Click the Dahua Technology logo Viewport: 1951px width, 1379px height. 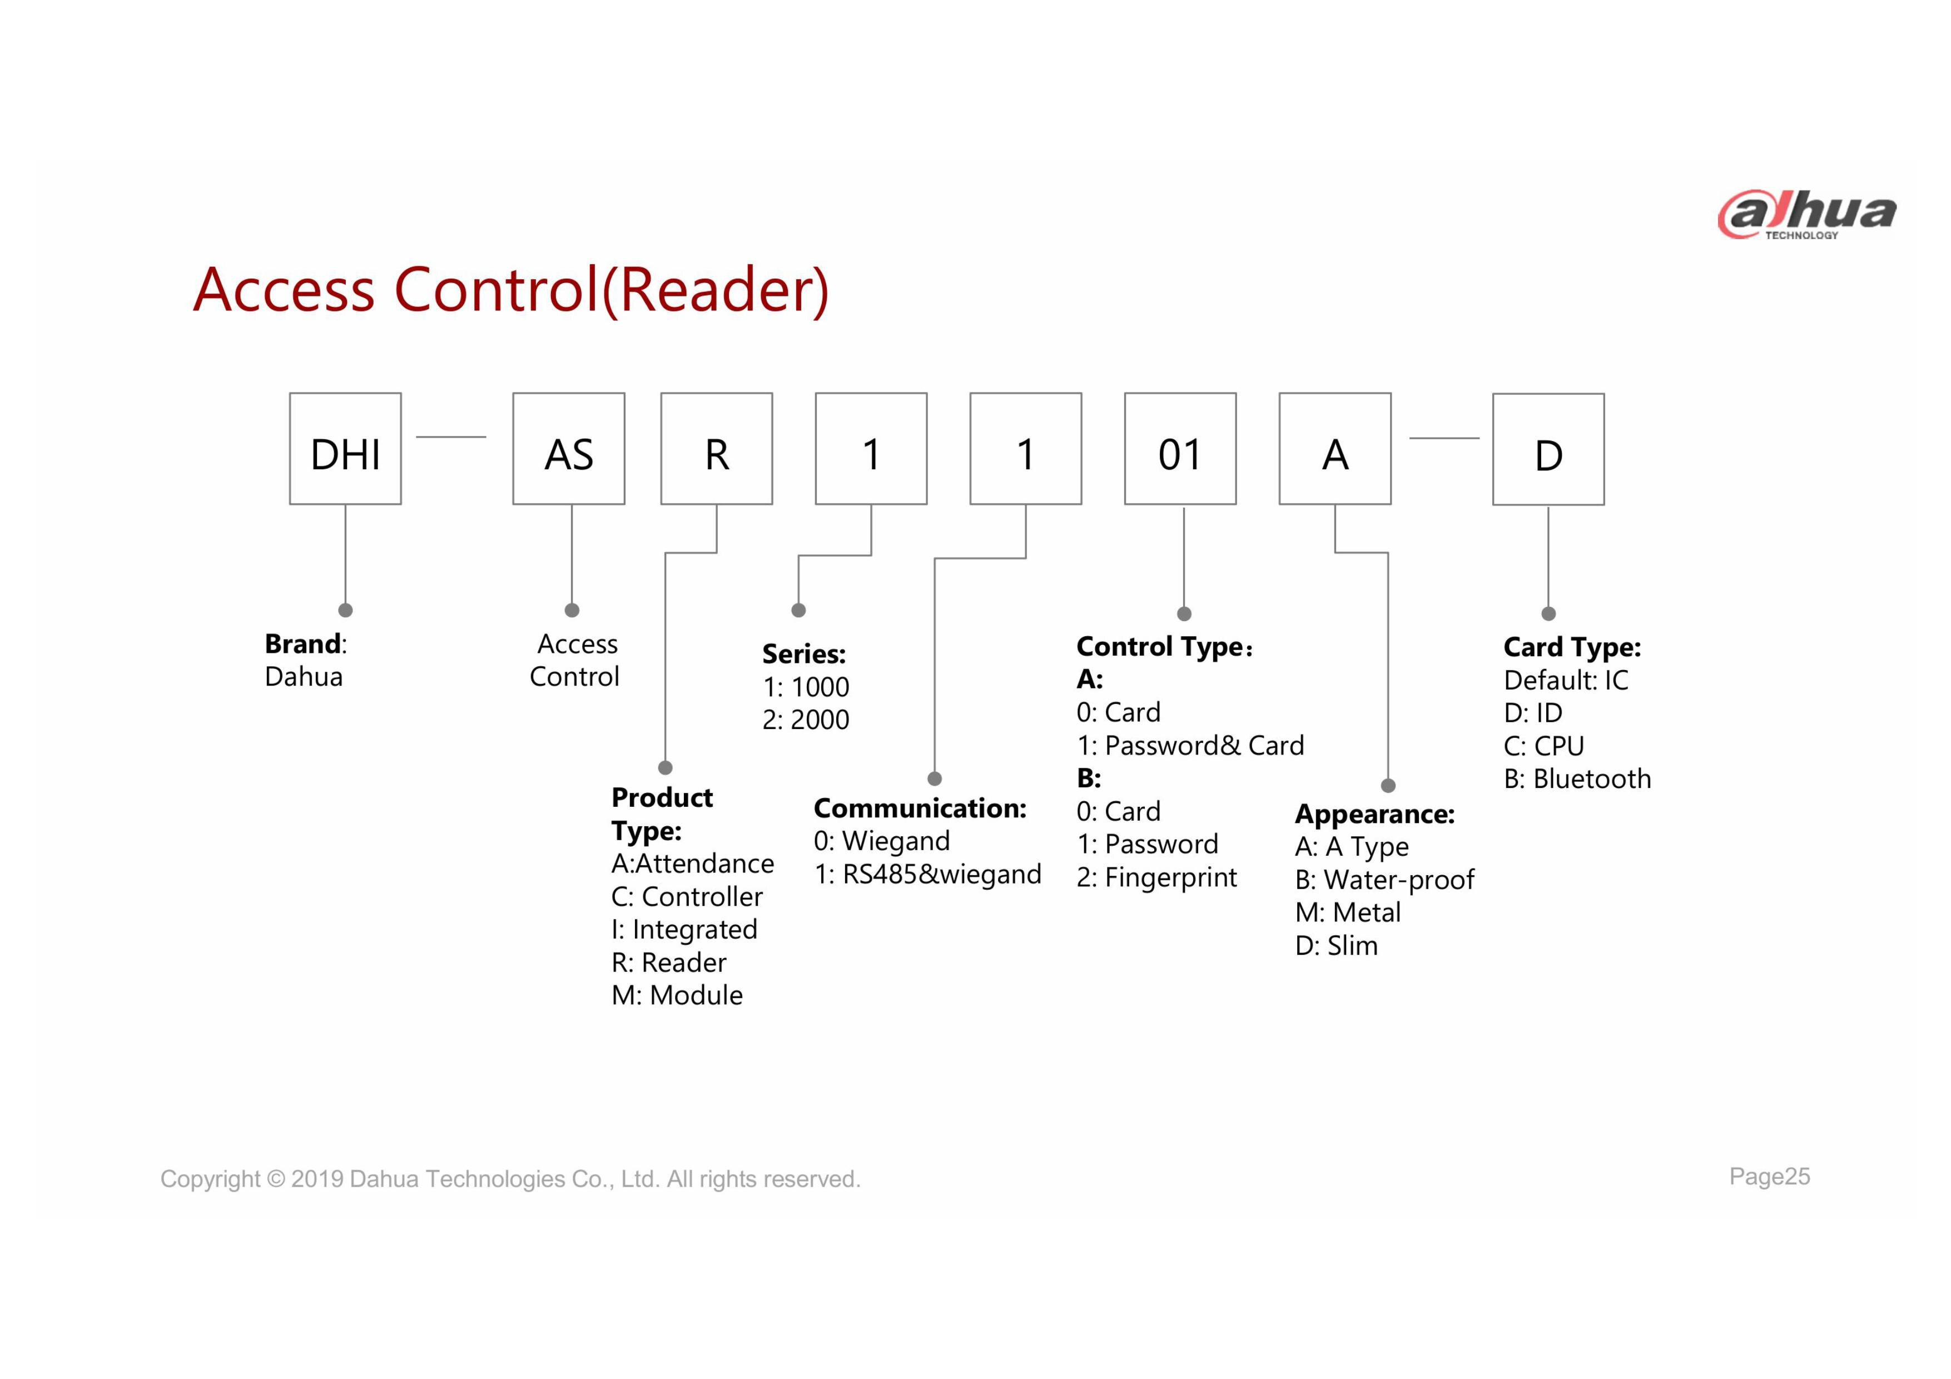(x=1806, y=214)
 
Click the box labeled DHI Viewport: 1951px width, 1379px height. (x=345, y=449)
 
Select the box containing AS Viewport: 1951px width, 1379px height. (x=568, y=449)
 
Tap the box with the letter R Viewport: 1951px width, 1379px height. (x=716, y=449)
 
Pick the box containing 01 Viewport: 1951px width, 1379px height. (x=1180, y=449)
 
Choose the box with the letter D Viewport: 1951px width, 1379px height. (x=1548, y=449)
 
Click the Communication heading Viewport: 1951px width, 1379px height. (x=920, y=808)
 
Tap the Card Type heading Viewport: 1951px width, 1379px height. (x=1572, y=647)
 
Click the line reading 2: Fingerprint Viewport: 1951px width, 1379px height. (x=1156, y=877)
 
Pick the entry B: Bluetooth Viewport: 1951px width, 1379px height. (x=1577, y=779)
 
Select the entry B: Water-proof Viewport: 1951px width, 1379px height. (x=1384, y=880)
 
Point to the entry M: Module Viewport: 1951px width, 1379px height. (x=677, y=996)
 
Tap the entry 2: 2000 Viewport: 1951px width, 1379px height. (x=806, y=720)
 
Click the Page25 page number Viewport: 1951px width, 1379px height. (x=1770, y=1177)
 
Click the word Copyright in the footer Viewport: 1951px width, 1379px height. (x=210, y=1179)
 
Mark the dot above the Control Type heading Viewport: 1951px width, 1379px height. (x=1184, y=613)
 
